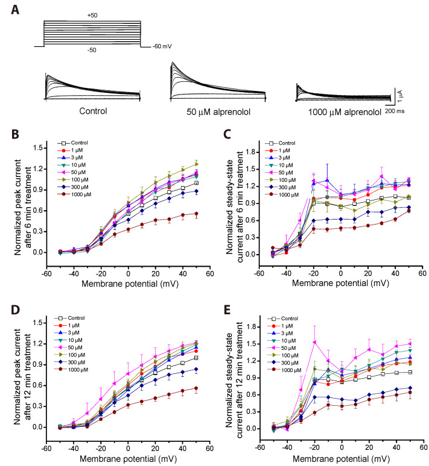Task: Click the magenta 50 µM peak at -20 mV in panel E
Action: pyautogui.click(x=314, y=342)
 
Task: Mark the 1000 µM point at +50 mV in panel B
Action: pyautogui.click(x=196, y=214)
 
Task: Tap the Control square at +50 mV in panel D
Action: pyautogui.click(x=196, y=358)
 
